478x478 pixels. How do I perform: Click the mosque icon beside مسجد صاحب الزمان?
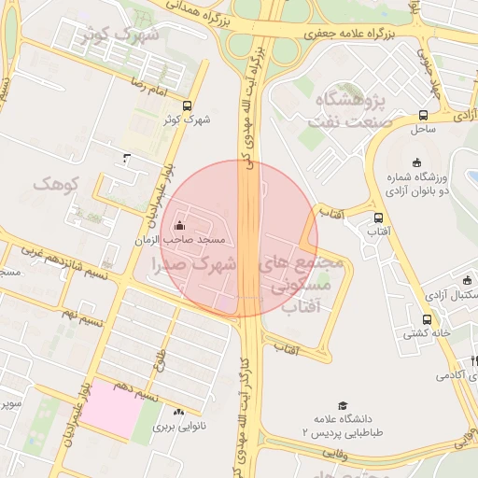click(x=179, y=226)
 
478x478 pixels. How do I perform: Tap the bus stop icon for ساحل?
click(x=423, y=116)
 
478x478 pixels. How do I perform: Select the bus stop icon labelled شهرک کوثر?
click(x=188, y=105)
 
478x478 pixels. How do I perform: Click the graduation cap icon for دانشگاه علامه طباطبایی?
click(x=343, y=406)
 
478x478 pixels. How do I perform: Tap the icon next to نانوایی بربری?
click(x=177, y=411)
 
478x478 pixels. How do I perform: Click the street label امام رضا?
click(x=148, y=85)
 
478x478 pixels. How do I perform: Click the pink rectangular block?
click(x=110, y=408)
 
